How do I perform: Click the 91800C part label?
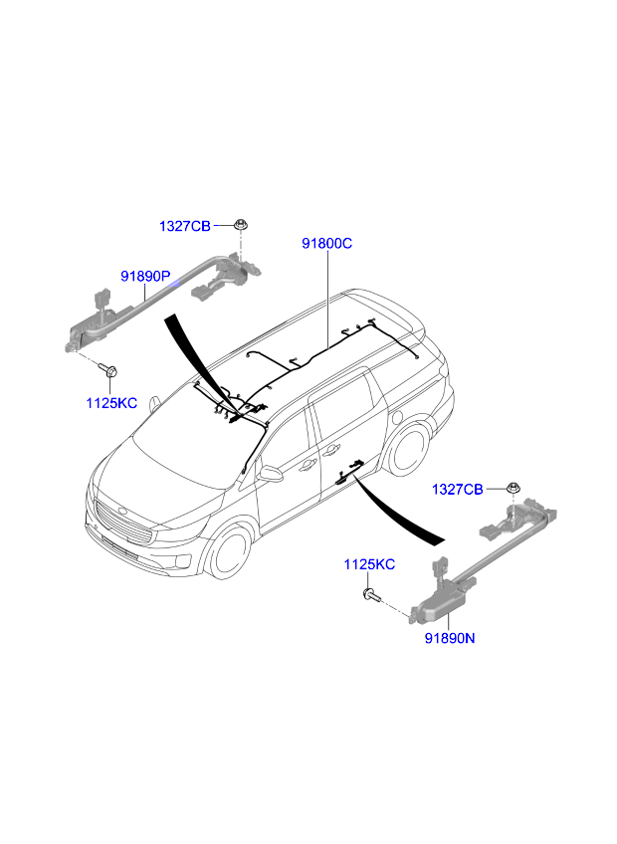point(326,244)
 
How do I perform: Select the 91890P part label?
point(145,277)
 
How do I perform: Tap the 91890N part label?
point(450,638)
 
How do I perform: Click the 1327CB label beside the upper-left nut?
point(185,226)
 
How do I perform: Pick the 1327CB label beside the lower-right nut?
point(458,490)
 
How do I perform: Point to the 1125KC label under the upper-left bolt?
point(111,403)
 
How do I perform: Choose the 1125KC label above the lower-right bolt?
point(369,564)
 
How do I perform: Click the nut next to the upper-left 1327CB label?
point(241,225)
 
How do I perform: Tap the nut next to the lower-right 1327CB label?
point(514,489)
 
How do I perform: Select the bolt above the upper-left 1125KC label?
point(108,370)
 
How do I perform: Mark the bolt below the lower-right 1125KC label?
point(371,595)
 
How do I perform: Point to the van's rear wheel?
point(410,451)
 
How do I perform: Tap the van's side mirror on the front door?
point(271,473)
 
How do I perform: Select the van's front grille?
point(121,524)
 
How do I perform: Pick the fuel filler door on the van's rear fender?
point(398,418)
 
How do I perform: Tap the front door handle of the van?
point(308,465)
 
